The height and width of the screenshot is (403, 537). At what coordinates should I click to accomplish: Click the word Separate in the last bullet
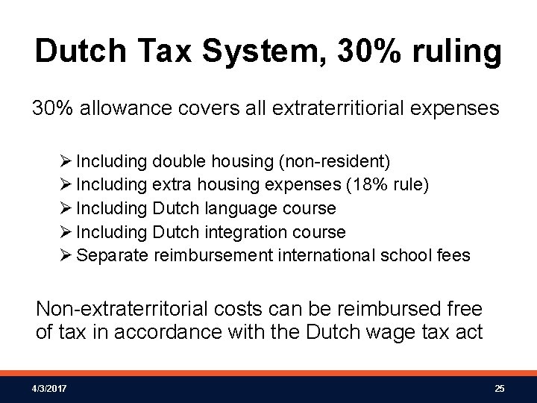[x=113, y=255]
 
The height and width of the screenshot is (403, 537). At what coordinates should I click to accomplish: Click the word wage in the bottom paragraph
[x=373, y=331]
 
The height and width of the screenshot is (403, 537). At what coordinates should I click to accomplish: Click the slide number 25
[x=500, y=389]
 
